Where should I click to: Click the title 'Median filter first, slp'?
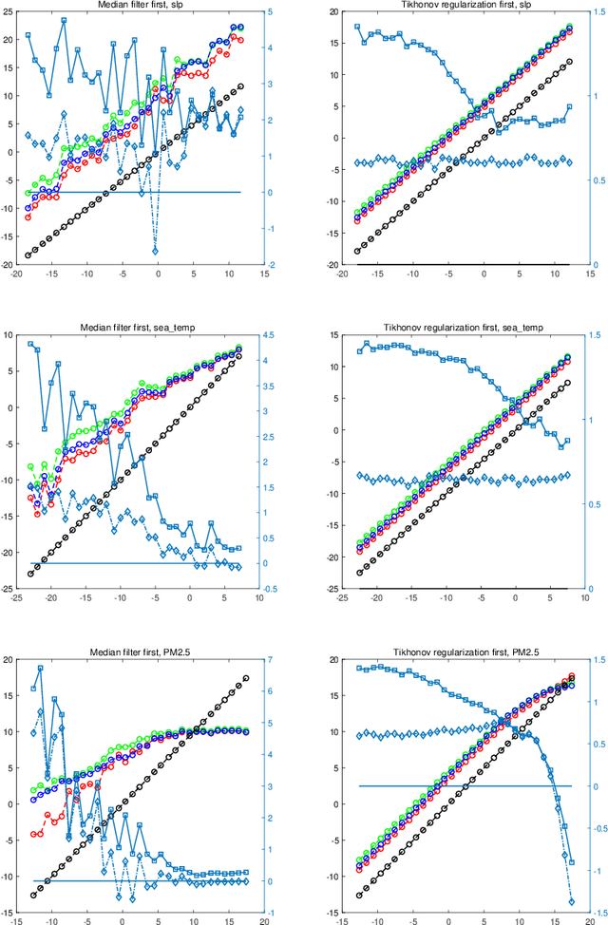[140, 5]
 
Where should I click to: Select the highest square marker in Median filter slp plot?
[64, 20]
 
